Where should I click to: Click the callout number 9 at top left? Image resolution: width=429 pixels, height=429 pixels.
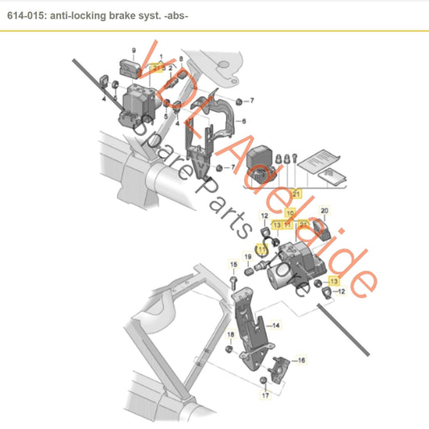click(123, 51)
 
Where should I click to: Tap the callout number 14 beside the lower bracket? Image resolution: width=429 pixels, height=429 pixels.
click(276, 326)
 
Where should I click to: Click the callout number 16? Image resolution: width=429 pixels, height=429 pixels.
click(303, 361)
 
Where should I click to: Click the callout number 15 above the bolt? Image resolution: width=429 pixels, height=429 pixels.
click(233, 264)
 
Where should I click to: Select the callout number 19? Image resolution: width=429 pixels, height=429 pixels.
click(249, 257)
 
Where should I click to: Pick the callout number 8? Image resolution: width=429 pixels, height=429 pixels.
click(181, 59)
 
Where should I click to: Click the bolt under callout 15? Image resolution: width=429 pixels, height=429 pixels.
click(233, 282)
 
